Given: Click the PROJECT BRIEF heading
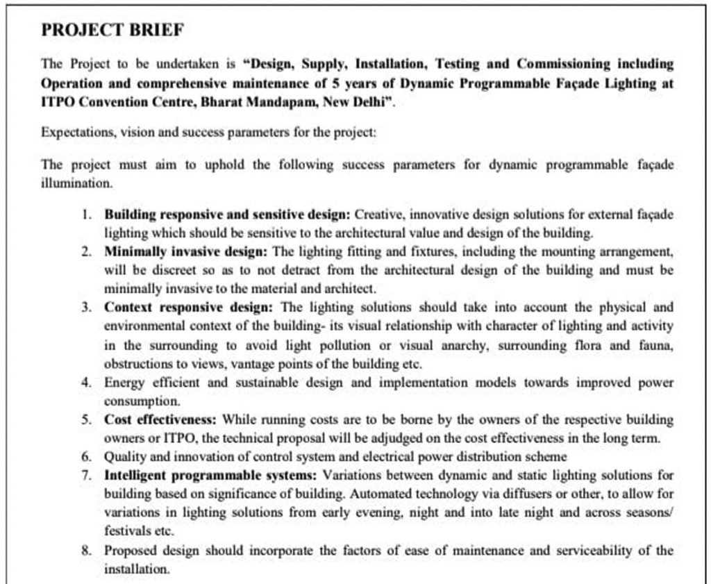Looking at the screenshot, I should [x=112, y=30].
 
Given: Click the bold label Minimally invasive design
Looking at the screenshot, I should [x=187, y=251].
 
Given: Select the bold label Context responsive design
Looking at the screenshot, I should [x=189, y=307].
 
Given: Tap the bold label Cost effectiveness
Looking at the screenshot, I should [x=160, y=419].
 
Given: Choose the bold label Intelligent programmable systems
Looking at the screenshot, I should [x=210, y=476].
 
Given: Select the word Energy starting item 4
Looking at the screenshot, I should [x=122, y=382].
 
